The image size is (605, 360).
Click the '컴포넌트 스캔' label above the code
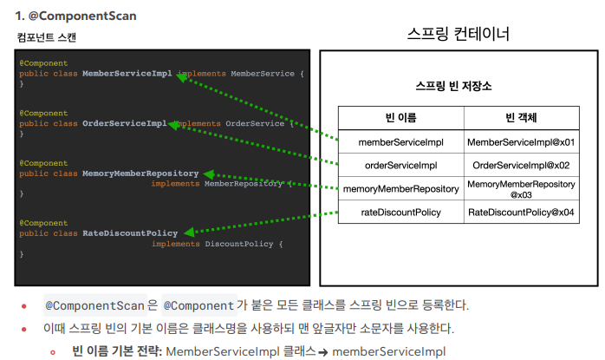click(x=46, y=38)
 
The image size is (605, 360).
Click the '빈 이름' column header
click(x=400, y=118)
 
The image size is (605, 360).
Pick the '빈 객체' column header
click(x=521, y=118)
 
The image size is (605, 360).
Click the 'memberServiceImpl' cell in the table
click(x=400, y=141)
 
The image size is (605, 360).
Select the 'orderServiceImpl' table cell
click(x=400, y=165)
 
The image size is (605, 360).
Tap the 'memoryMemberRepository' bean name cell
click(x=400, y=188)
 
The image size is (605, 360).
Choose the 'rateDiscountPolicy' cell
click(x=400, y=212)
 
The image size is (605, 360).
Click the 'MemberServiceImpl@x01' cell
click(x=521, y=141)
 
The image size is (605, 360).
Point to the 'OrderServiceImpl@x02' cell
click(x=521, y=165)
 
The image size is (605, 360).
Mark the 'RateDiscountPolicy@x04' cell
click(x=521, y=212)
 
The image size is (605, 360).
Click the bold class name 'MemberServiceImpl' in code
click(x=127, y=74)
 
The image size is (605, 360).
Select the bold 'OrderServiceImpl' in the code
click(x=124, y=123)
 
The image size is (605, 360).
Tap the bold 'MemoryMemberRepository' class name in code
click(x=140, y=173)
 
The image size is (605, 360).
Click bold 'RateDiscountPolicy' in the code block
click(x=130, y=232)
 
